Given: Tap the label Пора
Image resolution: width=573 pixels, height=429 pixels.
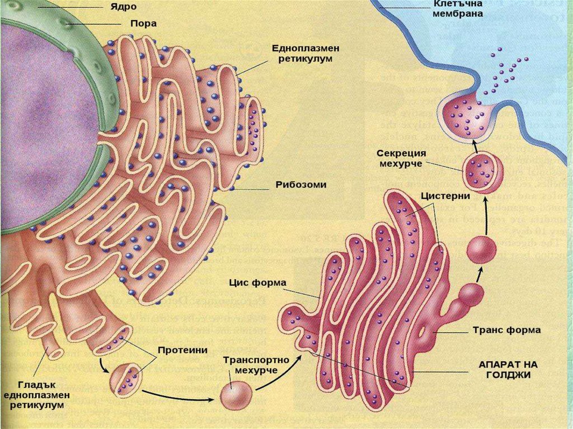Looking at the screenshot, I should tap(130, 24).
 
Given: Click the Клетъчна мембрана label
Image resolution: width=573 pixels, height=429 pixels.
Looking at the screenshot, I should tap(458, 9).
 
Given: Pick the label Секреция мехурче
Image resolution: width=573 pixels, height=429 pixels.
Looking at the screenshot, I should tap(401, 158).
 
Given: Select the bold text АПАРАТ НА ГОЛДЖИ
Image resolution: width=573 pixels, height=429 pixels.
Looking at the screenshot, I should tap(508, 369).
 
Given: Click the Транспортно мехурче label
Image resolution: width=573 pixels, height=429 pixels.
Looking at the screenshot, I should tap(256, 366).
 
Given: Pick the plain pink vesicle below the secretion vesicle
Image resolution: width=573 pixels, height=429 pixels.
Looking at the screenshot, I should tap(481, 249).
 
